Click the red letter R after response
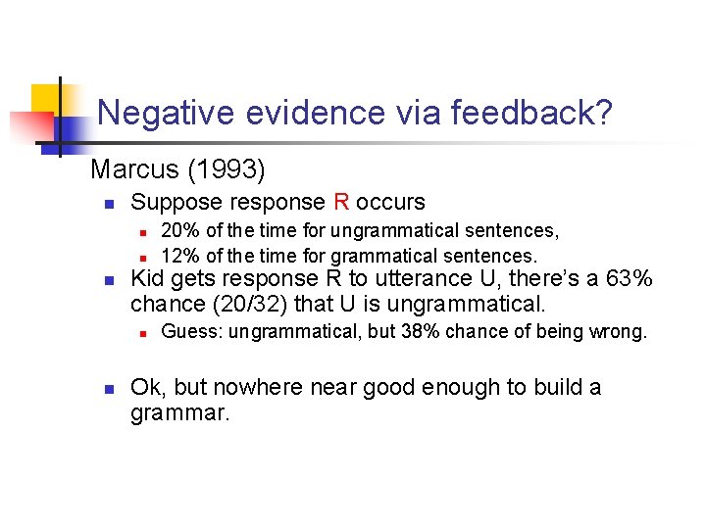tap(341, 203)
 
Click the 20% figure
tap(178, 231)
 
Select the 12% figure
tap(178, 256)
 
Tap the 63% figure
tap(630, 279)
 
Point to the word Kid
tap(148, 279)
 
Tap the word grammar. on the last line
tap(179, 412)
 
